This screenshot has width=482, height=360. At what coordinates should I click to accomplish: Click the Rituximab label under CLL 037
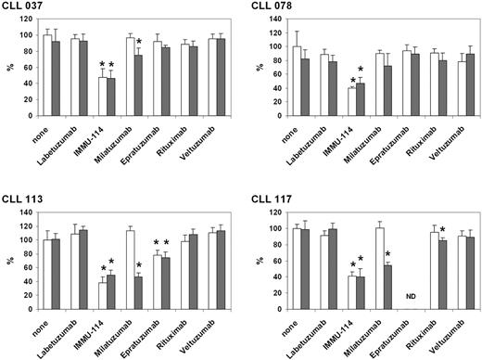[x=186, y=152]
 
